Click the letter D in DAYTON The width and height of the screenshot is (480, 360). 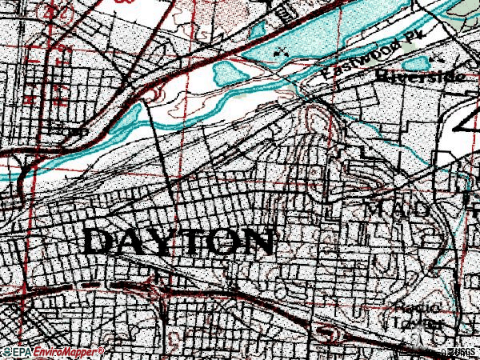(99, 241)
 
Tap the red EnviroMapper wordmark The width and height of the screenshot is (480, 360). (65, 352)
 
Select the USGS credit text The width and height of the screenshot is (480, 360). (462, 352)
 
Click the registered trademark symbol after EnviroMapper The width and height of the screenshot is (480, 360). (101, 350)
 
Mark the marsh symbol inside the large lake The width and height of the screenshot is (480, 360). (279, 50)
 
